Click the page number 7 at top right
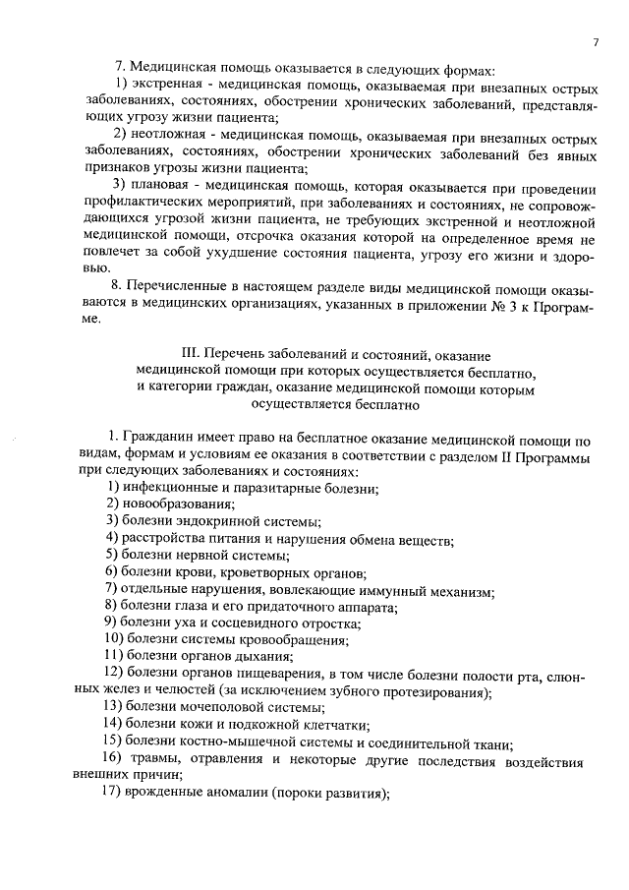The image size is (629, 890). point(596,41)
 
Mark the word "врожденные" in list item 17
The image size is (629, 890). point(162,794)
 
